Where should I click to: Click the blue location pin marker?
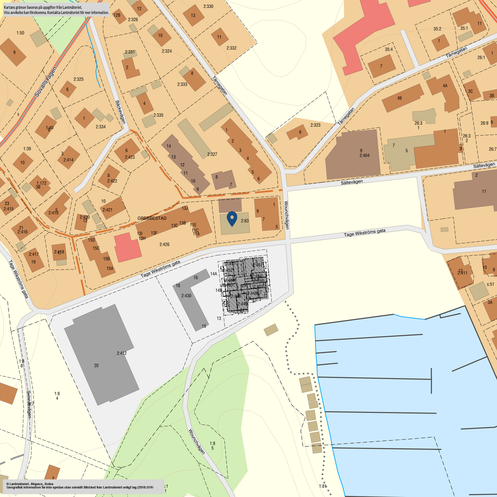[232, 218]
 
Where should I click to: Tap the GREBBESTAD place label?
[152, 218]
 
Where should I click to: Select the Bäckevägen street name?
[120, 112]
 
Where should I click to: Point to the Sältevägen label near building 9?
[352, 182]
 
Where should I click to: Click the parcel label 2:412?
[121, 353]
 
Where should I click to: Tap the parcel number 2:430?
[186, 296]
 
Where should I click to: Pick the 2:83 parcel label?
[245, 221]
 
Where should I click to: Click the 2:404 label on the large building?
[364, 155]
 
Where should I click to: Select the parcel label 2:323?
[315, 125]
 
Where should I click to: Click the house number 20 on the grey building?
[96, 366]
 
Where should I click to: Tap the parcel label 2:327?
[212, 154]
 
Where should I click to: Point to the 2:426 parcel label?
[164, 244]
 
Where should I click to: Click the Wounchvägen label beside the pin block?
[287, 215]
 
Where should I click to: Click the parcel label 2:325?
[79, 79]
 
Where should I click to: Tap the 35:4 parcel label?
[389, 49]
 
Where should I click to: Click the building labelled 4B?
[399, 98]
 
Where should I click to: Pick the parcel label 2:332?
[231, 48]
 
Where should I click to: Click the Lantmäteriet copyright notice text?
[80, 486]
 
